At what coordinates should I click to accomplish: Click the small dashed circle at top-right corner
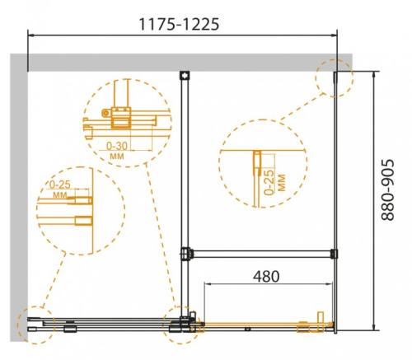(335, 77)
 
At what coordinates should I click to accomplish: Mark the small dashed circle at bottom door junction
(183, 325)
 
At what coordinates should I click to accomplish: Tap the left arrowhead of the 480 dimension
(204, 286)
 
